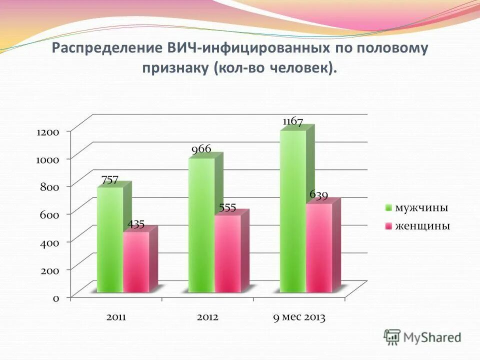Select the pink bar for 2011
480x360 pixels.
(136, 262)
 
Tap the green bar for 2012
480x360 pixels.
(201, 225)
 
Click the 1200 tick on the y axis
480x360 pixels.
(47, 132)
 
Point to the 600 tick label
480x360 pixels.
(49, 215)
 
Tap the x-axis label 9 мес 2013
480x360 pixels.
(299, 317)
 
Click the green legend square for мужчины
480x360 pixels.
(388, 208)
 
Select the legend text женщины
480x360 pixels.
(422, 226)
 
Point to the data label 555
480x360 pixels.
(227, 208)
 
